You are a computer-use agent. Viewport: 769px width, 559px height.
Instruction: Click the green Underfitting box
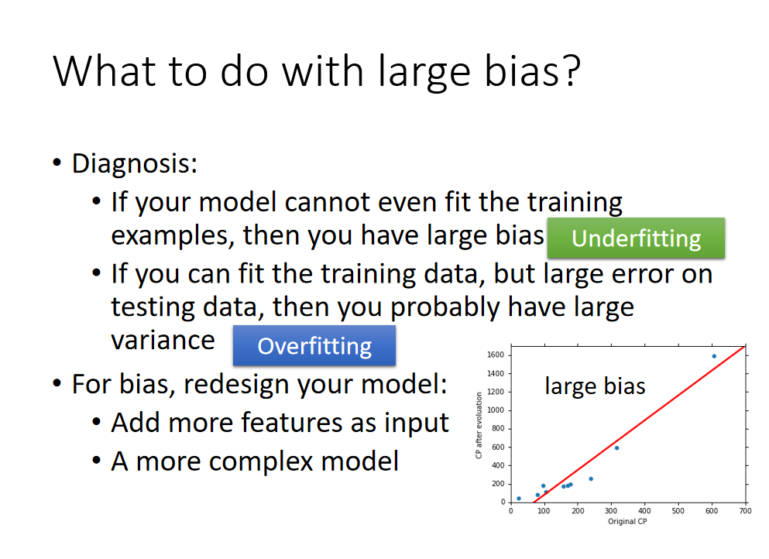(x=636, y=238)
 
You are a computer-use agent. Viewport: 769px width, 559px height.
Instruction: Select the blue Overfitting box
(x=314, y=345)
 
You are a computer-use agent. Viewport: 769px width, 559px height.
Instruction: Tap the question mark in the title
(x=572, y=71)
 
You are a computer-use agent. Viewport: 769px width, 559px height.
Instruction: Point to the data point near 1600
(x=714, y=356)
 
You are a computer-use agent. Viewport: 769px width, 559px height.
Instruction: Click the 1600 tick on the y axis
(x=496, y=355)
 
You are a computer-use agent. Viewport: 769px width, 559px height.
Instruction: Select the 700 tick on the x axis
(x=746, y=511)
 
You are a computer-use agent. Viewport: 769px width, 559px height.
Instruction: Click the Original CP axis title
(x=627, y=521)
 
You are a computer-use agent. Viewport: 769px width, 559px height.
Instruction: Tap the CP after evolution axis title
(x=479, y=426)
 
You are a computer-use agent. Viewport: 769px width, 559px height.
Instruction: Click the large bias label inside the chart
(x=595, y=386)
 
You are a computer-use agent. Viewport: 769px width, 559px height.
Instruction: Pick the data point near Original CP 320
(x=617, y=448)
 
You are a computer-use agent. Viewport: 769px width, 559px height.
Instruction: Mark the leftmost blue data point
(x=519, y=499)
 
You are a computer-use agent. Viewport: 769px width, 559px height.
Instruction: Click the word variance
(x=163, y=341)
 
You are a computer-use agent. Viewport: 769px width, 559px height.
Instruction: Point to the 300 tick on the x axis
(x=611, y=511)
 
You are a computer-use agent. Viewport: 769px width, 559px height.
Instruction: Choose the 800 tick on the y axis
(x=498, y=429)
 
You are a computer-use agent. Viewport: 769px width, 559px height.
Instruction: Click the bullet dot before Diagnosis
(x=57, y=163)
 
